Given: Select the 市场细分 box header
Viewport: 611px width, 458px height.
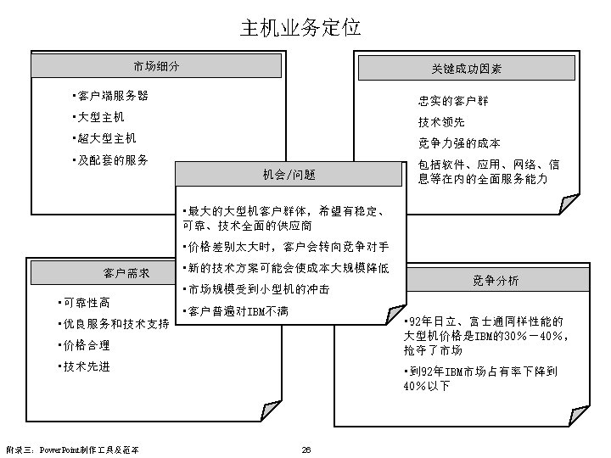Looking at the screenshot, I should pos(156,66).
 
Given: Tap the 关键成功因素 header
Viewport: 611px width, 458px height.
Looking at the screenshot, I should pos(467,69).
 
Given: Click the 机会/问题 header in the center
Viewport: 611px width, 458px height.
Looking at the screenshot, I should pos(289,175).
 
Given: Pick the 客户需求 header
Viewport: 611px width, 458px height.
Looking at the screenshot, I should pos(127,273).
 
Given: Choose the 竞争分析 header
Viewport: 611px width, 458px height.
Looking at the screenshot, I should pos(496,281).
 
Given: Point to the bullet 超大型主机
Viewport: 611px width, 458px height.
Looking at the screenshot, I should pos(105,137).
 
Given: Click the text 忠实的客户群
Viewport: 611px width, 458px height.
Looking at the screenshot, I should pos(452,101).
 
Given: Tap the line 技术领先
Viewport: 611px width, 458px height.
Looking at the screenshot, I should pos(441,122).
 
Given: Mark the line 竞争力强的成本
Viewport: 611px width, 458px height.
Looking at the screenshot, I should pos(459,142).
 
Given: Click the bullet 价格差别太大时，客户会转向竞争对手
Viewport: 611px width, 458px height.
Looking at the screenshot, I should pos(286,248).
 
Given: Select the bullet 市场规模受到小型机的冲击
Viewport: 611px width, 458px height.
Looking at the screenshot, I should pos(256,289).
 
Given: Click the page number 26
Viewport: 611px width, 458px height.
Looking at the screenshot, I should pos(306,450).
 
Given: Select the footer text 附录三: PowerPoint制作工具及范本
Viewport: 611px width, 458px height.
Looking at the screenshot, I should pos(72,450).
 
